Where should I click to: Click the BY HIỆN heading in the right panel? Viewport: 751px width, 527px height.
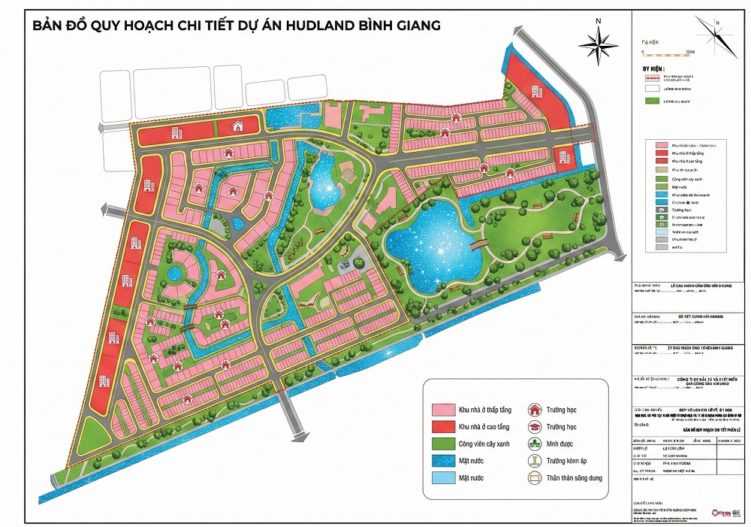pos(645,67)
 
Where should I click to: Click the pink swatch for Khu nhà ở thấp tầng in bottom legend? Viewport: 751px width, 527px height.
pos(444,410)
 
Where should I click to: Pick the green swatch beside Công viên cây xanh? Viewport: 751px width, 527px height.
pos(444,444)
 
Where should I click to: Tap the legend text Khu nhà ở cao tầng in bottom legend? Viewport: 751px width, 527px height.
pos(484,427)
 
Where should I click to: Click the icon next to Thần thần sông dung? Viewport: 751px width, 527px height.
pos(535,477)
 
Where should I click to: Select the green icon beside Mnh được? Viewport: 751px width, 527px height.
pos(535,444)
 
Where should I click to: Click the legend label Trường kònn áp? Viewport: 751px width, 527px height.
pos(575,461)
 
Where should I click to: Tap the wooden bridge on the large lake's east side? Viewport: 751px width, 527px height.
pos(476,246)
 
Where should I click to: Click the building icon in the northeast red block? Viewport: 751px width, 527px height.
pos(536,92)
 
